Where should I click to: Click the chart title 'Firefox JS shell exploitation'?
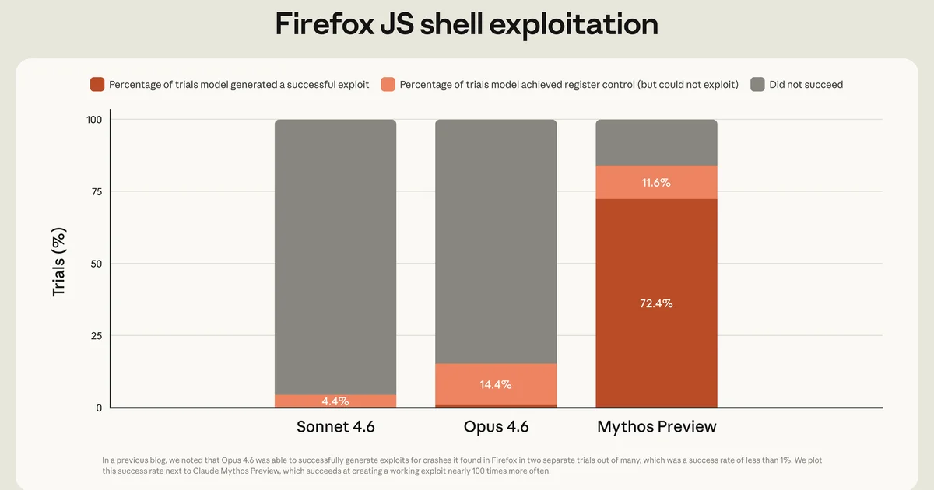click(467, 24)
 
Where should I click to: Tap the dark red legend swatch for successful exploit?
click(97, 84)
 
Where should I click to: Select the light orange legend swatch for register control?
click(388, 84)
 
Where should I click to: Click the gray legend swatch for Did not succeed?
click(757, 84)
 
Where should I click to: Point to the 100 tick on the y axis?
click(93, 120)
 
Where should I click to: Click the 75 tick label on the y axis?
click(96, 191)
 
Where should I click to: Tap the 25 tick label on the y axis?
click(96, 336)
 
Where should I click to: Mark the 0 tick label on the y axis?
click(99, 408)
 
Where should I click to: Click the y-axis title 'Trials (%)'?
click(59, 262)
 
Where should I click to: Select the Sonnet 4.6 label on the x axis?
click(335, 427)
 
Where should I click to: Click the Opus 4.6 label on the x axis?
click(496, 427)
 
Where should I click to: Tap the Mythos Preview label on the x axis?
click(656, 427)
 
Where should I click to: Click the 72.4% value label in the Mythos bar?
click(656, 303)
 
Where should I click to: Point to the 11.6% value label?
click(656, 183)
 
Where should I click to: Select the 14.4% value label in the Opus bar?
click(496, 384)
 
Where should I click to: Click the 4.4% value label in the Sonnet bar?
click(335, 401)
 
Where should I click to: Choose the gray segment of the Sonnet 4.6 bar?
click(335, 257)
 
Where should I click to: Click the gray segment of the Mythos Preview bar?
click(656, 142)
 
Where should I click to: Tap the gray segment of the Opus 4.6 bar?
click(496, 241)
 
